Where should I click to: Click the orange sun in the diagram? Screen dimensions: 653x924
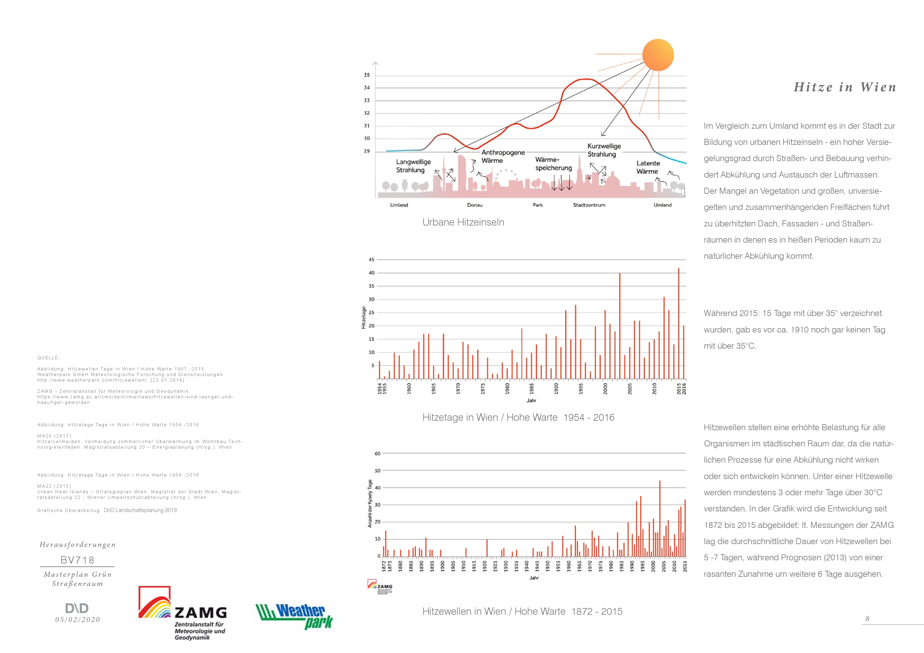[658, 55]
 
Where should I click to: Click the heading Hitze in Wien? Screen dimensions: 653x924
[845, 87]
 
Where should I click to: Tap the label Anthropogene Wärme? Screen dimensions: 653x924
[503, 156]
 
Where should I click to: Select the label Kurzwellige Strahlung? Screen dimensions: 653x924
[604, 150]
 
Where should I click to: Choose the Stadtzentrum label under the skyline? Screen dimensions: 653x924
[589, 205]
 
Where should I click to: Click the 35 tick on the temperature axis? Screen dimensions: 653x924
[367, 75]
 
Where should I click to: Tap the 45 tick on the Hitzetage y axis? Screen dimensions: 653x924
[371, 260]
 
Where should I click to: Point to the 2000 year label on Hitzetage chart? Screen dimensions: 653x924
[605, 388]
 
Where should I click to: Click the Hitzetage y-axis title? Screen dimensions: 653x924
[364, 318]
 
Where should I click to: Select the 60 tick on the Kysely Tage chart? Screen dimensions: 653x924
[377, 454]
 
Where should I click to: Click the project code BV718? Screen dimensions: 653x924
[77, 560]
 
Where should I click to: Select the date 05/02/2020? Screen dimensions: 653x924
[78, 619]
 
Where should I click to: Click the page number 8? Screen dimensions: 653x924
[867, 619]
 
